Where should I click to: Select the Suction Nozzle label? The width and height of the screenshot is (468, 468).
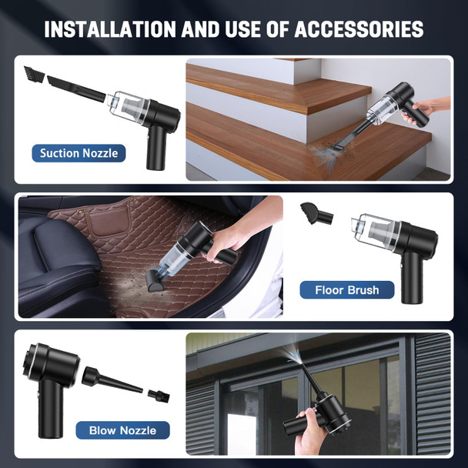coord(79,153)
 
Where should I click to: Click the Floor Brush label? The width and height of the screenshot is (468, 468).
coord(346,290)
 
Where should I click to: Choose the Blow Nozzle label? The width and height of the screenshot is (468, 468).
coord(122,430)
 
